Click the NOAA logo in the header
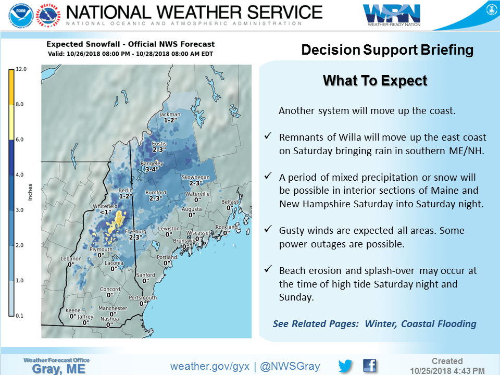(x=20, y=16)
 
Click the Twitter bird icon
(x=345, y=365)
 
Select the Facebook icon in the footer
(x=369, y=365)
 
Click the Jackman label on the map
(x=170, y=114)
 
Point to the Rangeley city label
(x=152, y=163)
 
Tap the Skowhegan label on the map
(x=195, y=177)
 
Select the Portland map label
(x=167, y=257)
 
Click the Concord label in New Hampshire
(x=110, y=289)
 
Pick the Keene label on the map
(x=73, y=310)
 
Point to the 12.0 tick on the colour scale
(x=21, y=69)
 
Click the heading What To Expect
(x=375, y=81)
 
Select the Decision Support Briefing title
(x=387, y=50)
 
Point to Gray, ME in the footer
(x=56, y=368)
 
